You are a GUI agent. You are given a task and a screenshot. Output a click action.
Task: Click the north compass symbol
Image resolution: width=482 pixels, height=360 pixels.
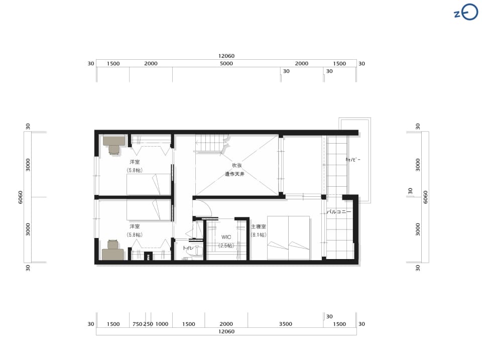[x=466, y=13]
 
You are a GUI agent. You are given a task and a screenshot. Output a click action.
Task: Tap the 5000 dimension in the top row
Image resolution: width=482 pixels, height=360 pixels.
[x=226, y=64]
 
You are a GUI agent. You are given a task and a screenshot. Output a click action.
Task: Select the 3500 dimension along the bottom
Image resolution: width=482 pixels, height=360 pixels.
[x=285, y=324]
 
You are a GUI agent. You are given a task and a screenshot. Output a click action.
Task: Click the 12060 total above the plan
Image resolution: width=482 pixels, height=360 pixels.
[x=226, y=56]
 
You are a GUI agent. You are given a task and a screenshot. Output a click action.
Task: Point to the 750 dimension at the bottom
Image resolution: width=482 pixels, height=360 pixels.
[x=137, y=324]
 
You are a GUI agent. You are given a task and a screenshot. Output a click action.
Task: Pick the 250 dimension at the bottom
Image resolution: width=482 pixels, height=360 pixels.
[x=148, y=324]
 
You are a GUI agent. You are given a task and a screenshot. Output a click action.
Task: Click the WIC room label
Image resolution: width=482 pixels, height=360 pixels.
[x=226, y=237]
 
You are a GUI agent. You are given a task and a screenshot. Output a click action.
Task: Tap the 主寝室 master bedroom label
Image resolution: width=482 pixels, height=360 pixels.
[x=258, y=226]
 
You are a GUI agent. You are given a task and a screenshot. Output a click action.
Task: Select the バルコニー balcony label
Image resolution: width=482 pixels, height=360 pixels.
[x=338, y=211]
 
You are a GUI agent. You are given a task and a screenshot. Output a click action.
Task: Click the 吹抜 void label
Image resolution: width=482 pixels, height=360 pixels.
[x=236, y=165]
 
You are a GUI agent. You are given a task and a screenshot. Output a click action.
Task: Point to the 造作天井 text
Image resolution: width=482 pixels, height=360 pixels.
[x=234, y=174]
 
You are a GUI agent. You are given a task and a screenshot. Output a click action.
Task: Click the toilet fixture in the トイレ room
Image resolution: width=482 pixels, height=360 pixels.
[x=197, y=251]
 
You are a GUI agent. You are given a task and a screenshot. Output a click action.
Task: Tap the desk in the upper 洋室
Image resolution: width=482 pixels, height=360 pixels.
[x=114, y=144]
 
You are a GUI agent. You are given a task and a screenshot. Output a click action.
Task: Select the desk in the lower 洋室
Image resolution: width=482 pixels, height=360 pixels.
[x=113, y=250]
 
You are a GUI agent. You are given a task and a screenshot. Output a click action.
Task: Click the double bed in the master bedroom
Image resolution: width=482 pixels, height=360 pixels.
[x=288, y=237]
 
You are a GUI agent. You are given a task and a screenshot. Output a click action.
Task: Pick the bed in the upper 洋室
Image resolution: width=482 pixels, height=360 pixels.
[x=149, y=184]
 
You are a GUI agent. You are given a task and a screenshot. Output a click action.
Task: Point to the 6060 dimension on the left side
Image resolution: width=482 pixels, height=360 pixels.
[x=20, y=197]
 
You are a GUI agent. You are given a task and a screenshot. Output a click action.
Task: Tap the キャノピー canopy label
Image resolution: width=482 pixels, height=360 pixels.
[x=353, y=160]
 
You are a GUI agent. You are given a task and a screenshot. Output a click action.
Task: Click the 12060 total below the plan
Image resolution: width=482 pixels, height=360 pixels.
[x=226, y=331]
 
